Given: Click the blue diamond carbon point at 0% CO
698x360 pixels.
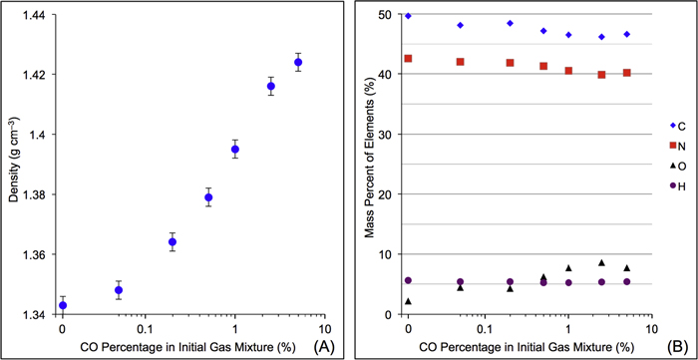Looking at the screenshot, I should point(408,16).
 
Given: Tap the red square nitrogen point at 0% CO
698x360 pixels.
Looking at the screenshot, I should point(408,59).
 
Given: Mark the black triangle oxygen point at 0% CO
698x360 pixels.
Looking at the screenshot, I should point(408,301).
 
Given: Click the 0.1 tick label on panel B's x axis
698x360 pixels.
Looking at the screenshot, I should point(488,327).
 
